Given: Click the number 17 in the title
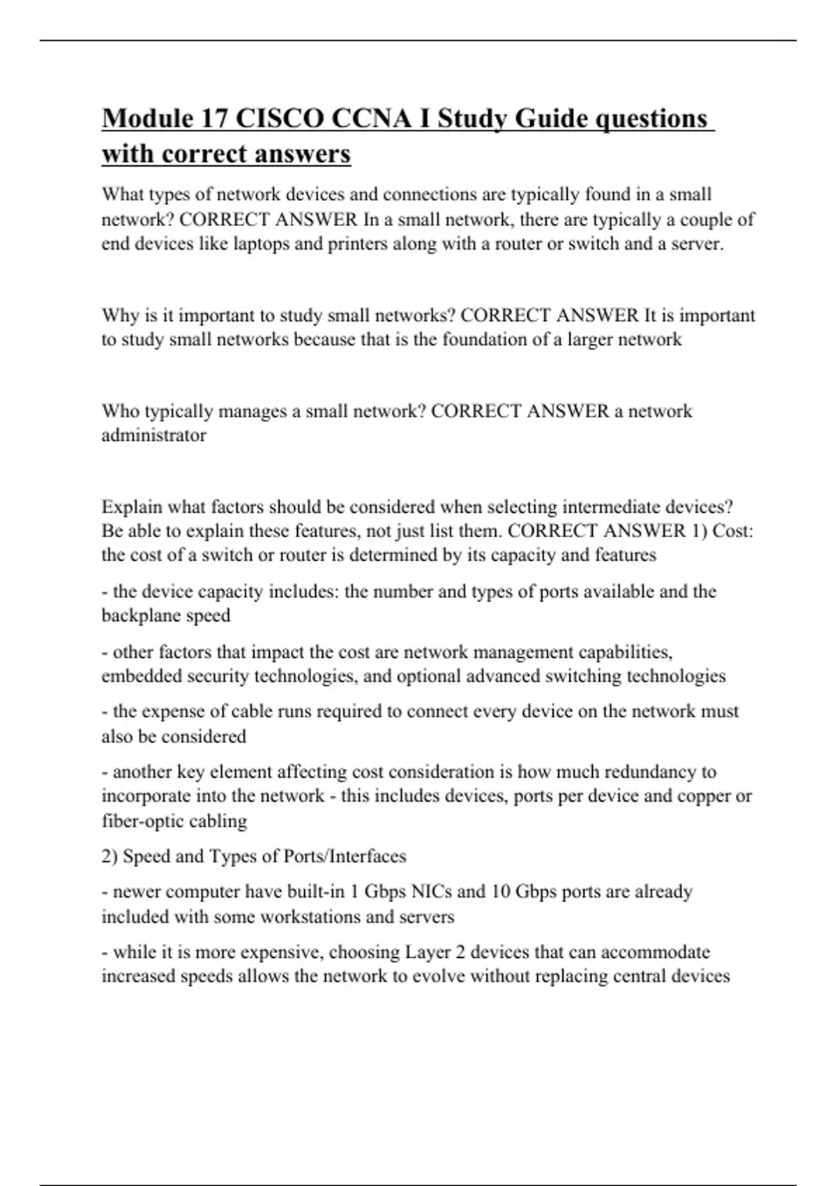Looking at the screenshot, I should [214, 119].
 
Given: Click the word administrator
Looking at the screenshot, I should [153, 435].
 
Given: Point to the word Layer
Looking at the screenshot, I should [428, 952].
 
